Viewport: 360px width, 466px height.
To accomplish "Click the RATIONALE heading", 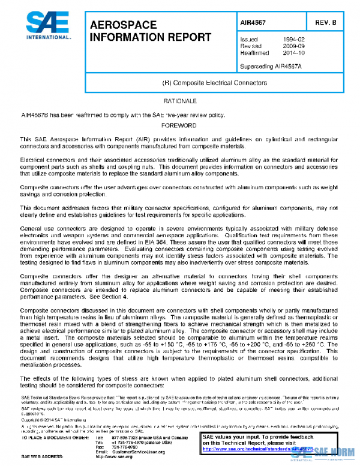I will coord(180,101).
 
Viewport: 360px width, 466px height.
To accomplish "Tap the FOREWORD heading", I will coord(180,126).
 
